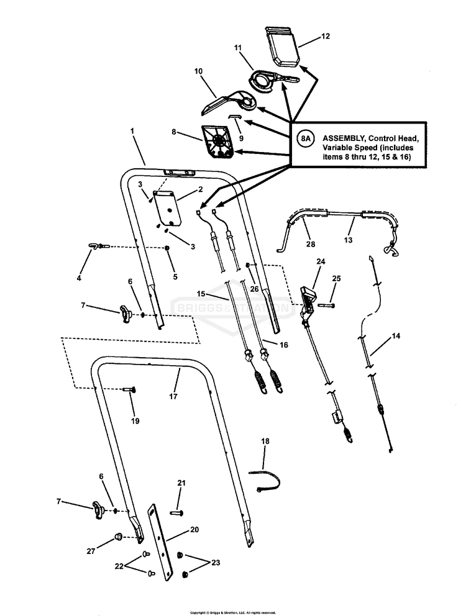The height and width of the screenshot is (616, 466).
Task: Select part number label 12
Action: click(325, 37)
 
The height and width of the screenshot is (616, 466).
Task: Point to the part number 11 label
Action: click(237, 48)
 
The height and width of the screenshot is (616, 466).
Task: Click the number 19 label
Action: click(135, 420)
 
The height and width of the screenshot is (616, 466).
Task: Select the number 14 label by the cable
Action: click(396, 336)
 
